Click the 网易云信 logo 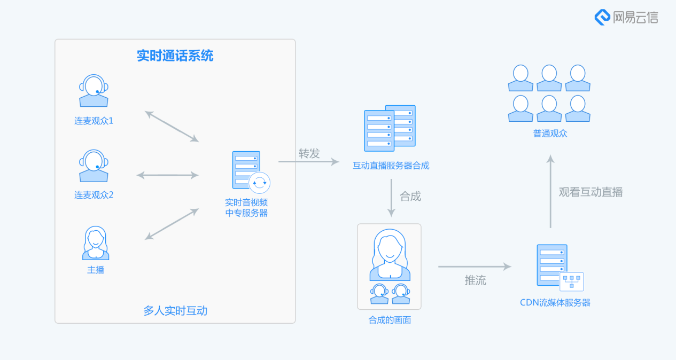(x=626, y=17)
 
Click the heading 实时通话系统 (x=175, y=56)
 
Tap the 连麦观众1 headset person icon (x=94, y=91)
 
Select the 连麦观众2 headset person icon (x=94, y=166)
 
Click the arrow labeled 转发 (x=308, y=161)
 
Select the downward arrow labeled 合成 (x=391, y=198)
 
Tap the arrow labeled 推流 (x=475, y=266)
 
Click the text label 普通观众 (x=550, y=134)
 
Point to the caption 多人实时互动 (x=175, y=311)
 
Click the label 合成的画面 (x=390, y=320)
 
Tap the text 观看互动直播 (x=590, y=192)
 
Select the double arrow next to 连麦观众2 (x=167, y=175)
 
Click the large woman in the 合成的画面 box (x=390, y=255)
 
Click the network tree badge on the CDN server (x=571, y=281)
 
